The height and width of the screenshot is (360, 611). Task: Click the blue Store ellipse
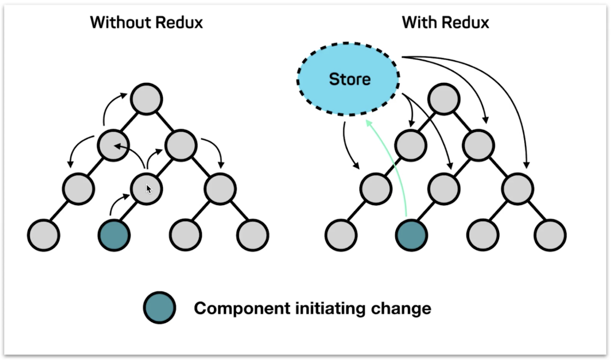[348, 79]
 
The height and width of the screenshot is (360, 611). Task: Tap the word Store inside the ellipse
[350, 80]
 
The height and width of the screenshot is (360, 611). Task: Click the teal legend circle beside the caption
[160, 308]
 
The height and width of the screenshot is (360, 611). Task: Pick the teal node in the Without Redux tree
[114, 235]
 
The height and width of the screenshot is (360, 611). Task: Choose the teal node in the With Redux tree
[411, 235]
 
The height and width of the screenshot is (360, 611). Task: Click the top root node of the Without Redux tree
[146, 99]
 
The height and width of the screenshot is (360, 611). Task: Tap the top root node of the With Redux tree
[444, 99]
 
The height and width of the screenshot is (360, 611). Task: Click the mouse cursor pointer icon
[149, 189]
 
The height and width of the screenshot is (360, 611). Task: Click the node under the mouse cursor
[146, 189]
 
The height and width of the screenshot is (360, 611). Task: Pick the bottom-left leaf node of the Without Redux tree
[43, 235]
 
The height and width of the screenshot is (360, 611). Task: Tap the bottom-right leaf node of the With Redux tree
[550, 235]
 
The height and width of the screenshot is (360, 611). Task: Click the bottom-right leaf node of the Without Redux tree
[253, 235]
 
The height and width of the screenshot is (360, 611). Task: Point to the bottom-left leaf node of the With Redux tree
[341, 235]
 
